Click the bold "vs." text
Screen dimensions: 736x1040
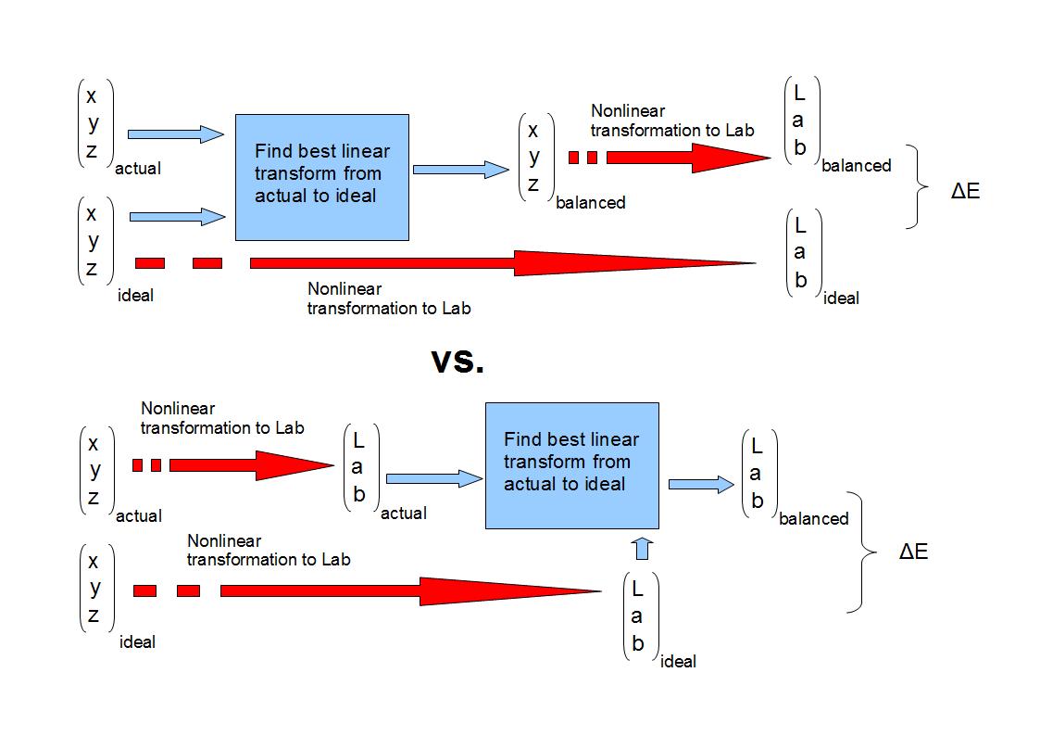click(x=457, y=362)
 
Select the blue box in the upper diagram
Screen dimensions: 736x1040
click(x=321, y=177)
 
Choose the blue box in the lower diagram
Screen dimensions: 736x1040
click(x=571, y=465)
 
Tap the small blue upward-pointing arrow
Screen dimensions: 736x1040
click(x=644, y=548)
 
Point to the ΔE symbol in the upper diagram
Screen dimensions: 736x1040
click(x=965, y=192)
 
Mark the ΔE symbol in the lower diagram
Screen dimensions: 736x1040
click(x=913, y=552)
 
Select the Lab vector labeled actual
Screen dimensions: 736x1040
click(x=359, y=468)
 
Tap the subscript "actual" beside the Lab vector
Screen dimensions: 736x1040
click(x=404, y=513)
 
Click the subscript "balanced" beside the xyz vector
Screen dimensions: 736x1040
click(x=591, y=202)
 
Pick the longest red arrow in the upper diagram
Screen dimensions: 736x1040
click(x=500, y=263)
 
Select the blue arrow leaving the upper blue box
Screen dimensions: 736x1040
click(x=460, y=170)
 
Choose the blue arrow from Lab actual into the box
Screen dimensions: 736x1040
click(x=433, y=478)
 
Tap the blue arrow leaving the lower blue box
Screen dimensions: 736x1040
click(x=700, y=484)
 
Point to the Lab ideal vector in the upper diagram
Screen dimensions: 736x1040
click(x=801, y=252)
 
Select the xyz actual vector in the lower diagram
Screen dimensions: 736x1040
click(x=94, y=470)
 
